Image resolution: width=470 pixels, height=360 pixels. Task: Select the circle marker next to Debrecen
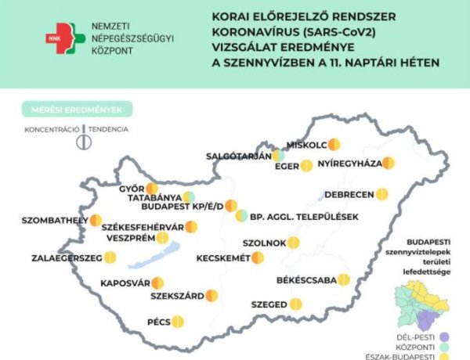381,193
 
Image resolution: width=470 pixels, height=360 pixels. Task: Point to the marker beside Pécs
178,321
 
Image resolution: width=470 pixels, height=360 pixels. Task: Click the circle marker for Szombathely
96,221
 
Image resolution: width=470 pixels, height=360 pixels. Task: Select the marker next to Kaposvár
157,283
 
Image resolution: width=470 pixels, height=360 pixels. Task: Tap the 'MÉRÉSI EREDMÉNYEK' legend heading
77,109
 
